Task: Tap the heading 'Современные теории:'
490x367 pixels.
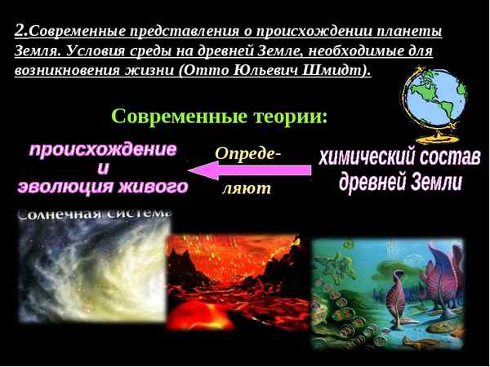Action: click(219, 117)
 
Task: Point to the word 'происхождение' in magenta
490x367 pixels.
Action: click(103, 150)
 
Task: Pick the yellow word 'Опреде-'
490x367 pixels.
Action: click(247, 153)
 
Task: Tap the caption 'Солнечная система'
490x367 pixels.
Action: click(94, 214)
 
